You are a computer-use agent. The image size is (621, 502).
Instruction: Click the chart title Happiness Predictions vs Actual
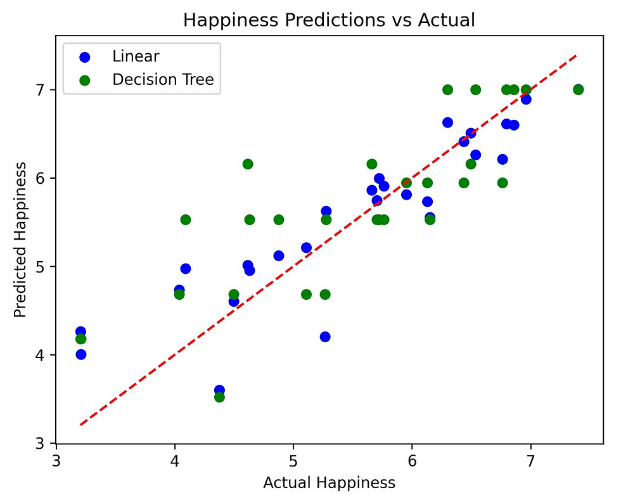(x=329, y=20)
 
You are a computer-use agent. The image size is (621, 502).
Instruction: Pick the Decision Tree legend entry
(x=163, y=80)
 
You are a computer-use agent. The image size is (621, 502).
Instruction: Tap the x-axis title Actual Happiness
(x=329, y=483)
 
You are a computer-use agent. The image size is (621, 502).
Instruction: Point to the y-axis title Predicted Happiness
(x=20, y=240)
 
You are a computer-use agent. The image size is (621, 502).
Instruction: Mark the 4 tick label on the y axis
(x=42, y=355)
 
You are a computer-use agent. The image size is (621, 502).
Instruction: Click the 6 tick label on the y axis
(x=42, y=178)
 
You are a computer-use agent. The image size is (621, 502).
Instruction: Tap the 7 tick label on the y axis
(x=42, y=90)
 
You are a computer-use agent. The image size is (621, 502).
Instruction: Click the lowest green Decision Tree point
(x=219, y=397)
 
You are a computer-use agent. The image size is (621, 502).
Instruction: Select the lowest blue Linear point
(x=219, y=390)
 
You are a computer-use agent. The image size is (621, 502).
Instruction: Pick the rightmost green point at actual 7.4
(x=578, y=90)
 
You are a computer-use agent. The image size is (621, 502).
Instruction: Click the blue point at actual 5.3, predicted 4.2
(x=325, y=337)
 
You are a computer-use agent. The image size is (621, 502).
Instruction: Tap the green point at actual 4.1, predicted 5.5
(x=186, y=219)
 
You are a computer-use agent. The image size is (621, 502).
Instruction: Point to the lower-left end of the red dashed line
(x=80, y=425)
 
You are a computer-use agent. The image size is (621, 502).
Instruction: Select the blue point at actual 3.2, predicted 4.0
(x=80, y=354)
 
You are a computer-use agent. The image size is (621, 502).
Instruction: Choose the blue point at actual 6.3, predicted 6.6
(x=447, y=122)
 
